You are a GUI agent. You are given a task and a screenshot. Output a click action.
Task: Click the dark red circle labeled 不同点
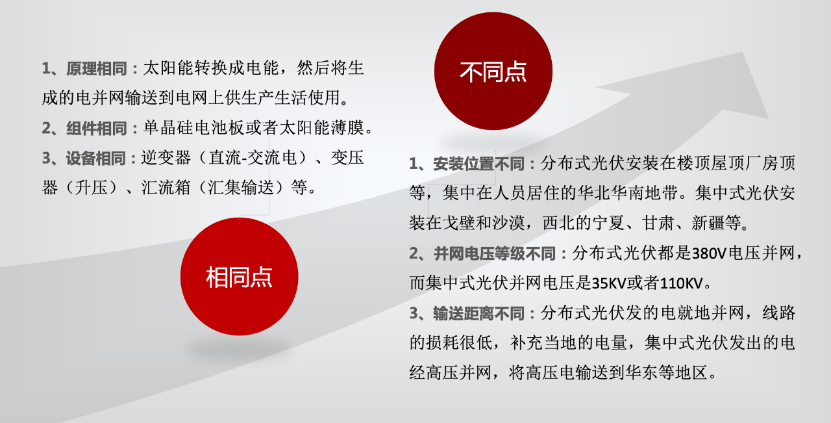493,71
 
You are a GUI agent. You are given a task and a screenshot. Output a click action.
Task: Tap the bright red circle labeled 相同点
239,277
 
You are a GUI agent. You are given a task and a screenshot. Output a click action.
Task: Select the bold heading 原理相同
97,68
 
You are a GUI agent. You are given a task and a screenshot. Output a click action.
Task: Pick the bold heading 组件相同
97,128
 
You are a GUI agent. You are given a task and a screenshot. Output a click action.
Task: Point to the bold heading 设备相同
97,158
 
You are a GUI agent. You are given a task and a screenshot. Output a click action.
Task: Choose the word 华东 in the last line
642,373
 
